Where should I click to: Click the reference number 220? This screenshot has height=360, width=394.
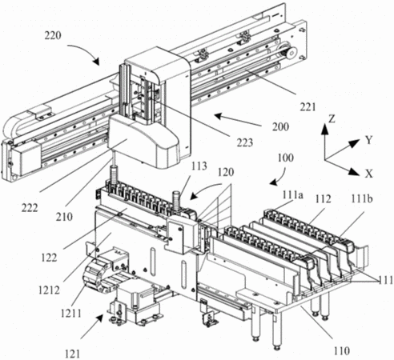coord(53,35)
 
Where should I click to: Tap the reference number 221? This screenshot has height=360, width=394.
coord(308,107)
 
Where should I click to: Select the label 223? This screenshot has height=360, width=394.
coord(245,142)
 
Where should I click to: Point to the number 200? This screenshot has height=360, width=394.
coord(280,126)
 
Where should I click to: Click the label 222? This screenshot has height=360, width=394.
coord(30,208)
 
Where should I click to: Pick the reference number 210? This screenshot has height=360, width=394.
coord(64,217)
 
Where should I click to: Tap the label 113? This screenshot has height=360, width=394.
coord(199,166)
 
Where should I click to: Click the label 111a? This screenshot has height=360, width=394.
coord(293,195)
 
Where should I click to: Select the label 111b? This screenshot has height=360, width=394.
coord(362,198)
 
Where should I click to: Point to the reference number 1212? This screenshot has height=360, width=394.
coord(49,290)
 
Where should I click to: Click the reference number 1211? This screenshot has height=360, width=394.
coord(70,314)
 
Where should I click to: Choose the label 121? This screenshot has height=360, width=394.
coord(72,354)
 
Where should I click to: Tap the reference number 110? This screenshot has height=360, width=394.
coord(341,351)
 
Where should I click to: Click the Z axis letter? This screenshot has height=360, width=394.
coord(332,119)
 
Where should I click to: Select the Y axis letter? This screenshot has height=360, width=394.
coord(368,140)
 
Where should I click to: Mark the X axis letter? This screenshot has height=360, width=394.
coord(368,174)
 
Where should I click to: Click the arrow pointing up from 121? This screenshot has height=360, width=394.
coord(92,326)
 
